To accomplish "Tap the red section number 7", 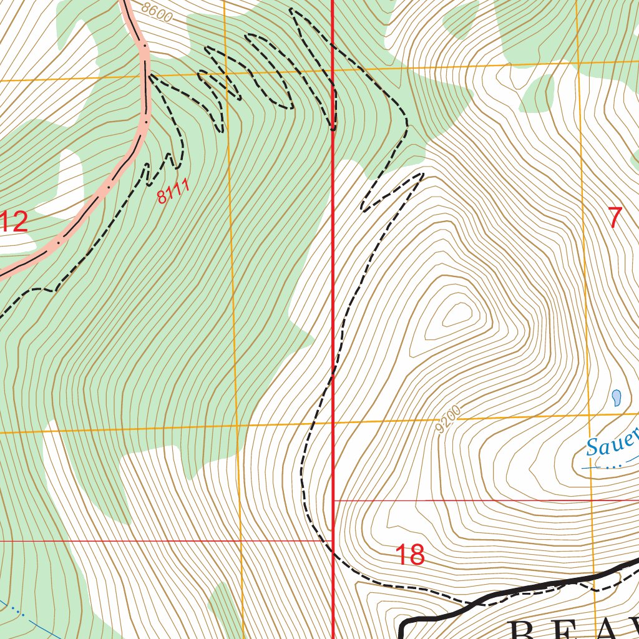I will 615,218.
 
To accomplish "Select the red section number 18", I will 410,555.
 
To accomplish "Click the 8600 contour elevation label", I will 156,12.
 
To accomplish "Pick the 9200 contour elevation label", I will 449,419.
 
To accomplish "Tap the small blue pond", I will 617,398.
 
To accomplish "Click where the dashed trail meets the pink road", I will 149,75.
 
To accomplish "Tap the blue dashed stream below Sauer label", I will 608,466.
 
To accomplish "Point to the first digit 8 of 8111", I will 162,199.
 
